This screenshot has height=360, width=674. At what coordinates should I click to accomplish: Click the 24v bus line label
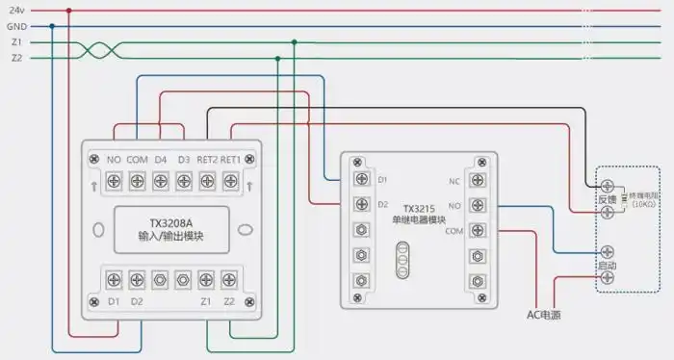click(x=16, y=11)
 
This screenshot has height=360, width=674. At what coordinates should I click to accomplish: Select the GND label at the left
click(x=16, y=27)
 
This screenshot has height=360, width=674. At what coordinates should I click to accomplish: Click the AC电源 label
click(x=544, y=314)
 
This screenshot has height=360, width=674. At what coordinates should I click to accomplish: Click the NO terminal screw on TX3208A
click(x=114, y=179)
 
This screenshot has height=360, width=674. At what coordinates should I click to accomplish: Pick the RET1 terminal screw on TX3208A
click(x=229, y=179)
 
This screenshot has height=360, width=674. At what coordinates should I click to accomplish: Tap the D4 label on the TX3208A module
click(x=160, y=159)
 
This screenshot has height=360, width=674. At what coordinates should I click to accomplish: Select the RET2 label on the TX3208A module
click(x=207, y=159)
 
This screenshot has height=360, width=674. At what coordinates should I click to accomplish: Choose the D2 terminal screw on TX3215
click(x=360, y=204)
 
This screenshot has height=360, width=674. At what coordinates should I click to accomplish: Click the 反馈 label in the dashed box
click(x=606, y=199)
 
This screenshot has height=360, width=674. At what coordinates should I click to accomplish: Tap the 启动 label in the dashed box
click(x=607, y=265)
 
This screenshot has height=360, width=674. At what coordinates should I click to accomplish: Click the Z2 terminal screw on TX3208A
click(x=229, y=279)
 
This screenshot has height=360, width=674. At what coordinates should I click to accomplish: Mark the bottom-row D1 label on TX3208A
click(x=114, y=302)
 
